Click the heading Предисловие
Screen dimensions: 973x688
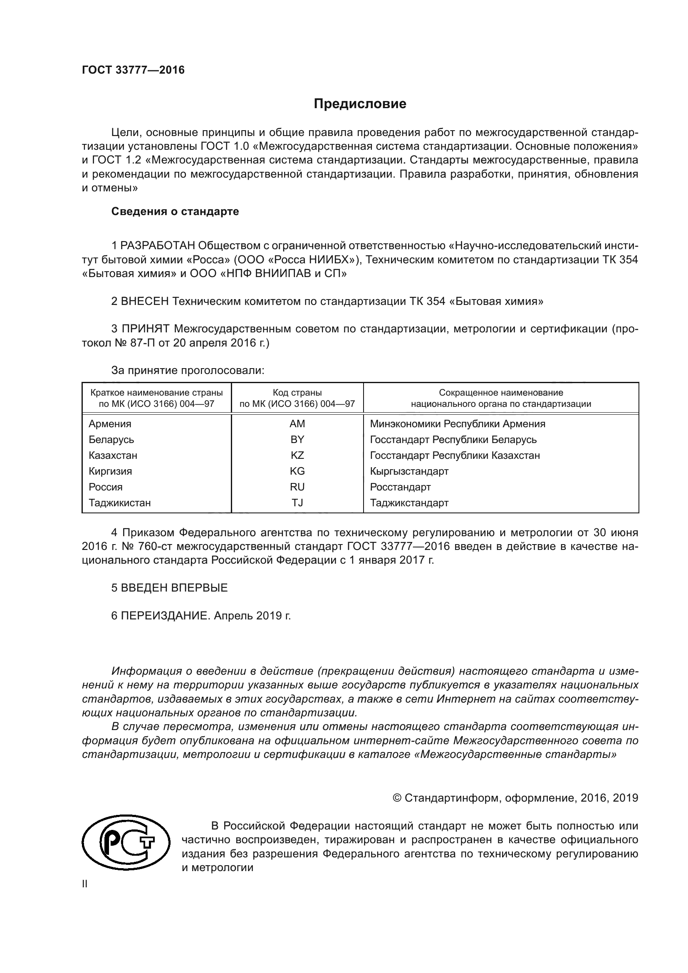(360, 104)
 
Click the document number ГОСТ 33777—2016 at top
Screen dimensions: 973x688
(133, 70)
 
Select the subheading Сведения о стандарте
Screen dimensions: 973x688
(175, 211)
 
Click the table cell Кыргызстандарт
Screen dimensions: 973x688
(409, 471)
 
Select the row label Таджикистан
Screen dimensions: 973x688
(119, 503)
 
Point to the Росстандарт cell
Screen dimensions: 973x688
(400, 488)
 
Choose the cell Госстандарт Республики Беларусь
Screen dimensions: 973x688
(453, 440)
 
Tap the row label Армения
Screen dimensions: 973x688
(110, 424)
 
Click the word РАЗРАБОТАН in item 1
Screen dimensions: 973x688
(158, 246)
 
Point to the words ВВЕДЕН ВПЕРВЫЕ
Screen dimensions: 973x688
(174, 588)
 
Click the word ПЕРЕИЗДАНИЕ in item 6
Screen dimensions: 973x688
(165, 616)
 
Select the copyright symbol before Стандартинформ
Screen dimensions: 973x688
(397, 798)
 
